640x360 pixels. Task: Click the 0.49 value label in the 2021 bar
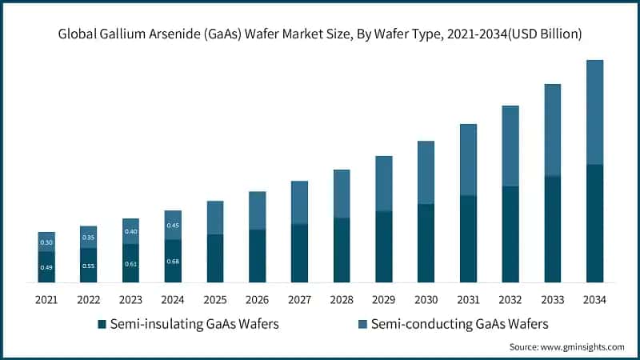[46, 267]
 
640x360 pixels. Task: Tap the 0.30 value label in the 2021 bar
[46, 242]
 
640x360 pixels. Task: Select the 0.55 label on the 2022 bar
[88, 266]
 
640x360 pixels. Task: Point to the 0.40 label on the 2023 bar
[130, 232]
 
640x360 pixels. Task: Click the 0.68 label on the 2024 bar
[173, 262]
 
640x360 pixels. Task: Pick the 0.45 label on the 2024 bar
[173, 226]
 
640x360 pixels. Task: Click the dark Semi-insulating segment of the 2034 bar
[594, 223]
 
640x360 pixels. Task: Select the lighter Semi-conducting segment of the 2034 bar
[594, 112]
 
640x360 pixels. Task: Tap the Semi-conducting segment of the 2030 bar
[426, 172]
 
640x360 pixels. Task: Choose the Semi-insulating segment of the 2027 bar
[299, 253]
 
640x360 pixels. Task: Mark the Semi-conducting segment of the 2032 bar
[510, 146]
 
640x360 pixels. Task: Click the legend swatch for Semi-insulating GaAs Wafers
[102, 324]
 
